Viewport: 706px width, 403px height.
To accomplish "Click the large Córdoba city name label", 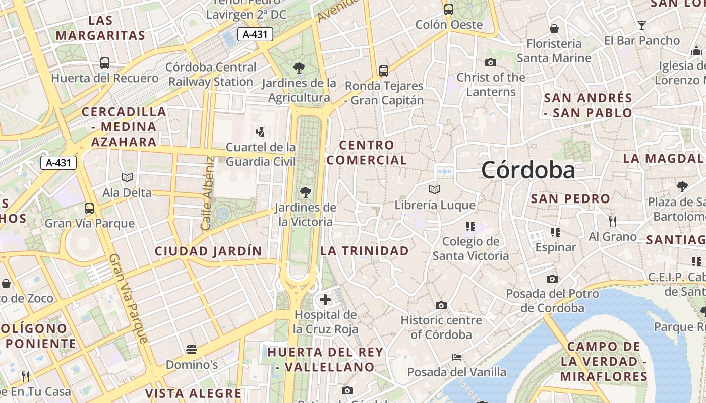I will (527, 170).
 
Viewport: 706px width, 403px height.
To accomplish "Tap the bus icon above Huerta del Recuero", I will (105, 63).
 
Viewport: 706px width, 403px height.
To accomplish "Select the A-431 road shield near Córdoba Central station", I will (255, 34).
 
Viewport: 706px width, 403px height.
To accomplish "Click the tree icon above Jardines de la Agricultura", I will (299, 68).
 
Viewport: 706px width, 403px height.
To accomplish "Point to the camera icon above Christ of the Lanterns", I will (490, 63).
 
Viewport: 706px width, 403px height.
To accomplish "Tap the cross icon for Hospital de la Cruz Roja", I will (325, 300).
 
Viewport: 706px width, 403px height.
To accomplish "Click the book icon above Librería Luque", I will (434, 190).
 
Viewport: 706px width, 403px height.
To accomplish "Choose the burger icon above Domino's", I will (191, 349).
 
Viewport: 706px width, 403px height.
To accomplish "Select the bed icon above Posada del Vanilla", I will (456, 357).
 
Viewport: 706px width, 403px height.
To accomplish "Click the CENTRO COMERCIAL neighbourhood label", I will (367, 153).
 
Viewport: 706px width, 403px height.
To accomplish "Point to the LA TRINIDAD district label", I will (365, 250).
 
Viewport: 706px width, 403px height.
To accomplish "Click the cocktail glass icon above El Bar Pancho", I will (641, 26).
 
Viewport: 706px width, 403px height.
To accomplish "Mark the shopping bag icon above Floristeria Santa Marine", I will (554, 29).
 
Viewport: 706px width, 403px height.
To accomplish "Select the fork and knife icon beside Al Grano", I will (613, 221).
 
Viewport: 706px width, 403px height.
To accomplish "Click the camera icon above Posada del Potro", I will (552, 279).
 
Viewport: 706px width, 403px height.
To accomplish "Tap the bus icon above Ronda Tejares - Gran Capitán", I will (384, 71).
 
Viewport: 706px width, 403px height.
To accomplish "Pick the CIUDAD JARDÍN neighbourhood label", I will (208, 251).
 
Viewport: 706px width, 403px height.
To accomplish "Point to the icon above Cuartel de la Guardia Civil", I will (261, 132).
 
